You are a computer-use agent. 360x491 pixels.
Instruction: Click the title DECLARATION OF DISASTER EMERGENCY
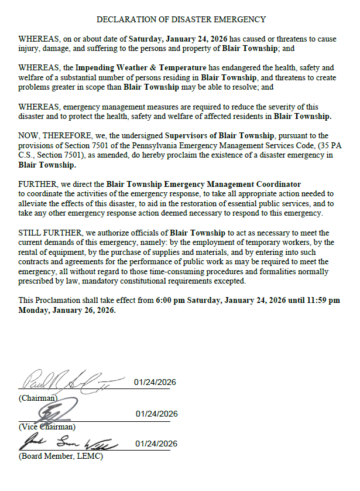pos(181,20)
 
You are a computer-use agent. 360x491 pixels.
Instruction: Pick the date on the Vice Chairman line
pos(156,414)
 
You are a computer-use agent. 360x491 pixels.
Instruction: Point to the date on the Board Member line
pos(156,444)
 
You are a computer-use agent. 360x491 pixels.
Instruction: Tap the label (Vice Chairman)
pos(47,427)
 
